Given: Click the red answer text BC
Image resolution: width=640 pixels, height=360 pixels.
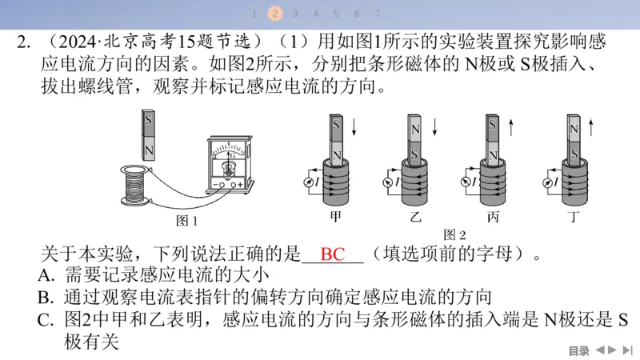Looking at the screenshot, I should tap(332, 255).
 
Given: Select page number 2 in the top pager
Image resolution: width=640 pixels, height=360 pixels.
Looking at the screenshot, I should tap(275, 14).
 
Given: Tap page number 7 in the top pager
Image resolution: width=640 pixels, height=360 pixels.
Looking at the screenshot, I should tap(377, 14).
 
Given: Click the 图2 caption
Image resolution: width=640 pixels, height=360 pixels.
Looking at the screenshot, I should tap(454, 234).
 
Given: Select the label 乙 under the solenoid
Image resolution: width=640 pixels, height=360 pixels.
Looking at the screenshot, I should tap(415, 217).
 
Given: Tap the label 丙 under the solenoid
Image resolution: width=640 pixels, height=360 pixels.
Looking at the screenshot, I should tap(492, 217).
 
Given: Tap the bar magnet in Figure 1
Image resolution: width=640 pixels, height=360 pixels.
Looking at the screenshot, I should tap(149, 135).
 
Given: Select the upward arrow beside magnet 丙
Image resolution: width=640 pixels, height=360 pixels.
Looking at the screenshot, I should tap(511, 127).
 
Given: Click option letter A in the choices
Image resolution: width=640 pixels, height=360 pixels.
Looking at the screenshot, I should tap(46, 276).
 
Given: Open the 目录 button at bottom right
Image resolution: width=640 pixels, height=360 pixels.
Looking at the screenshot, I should tap(578, 350).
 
